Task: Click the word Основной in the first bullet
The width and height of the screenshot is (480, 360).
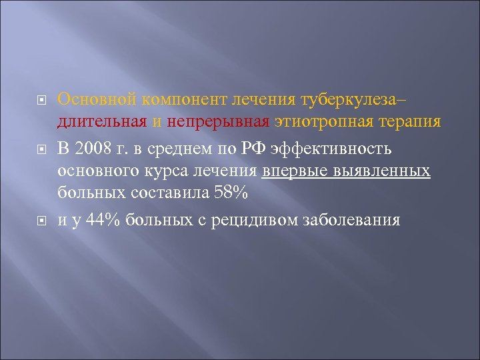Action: (97, 99)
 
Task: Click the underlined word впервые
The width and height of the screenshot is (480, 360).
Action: (297, 171)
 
